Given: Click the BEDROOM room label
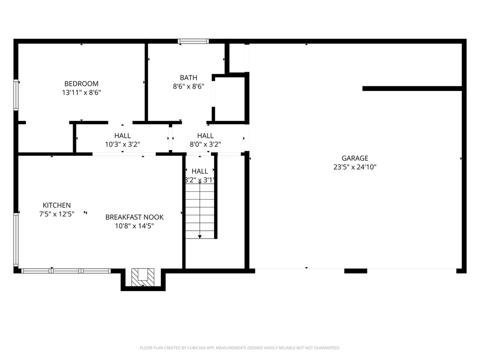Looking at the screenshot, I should pyautogui.click(x=82, y=84).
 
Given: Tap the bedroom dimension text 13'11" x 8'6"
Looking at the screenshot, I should pyautogui.click(x=82, y=93).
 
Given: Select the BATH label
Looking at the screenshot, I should pyautogui.click(x=188, y=78).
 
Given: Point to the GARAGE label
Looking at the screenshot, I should pyautogui.click(x=354, y=158).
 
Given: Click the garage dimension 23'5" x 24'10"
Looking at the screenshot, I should pyautogui.click(x=354, y=167).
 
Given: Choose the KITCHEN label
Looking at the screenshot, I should pyautogui.click(x=57, y=205).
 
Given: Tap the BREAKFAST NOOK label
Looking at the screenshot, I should pyautogui.click(x=135, y=217).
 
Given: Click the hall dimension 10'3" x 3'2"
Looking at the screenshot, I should pyautogui.click(x=122, y=144).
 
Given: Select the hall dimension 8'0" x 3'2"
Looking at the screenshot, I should pyautogui.click(x=205, y=144).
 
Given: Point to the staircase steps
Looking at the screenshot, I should pyautogui.click(x=200, y=211).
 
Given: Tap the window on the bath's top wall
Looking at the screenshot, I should pyautogui.click(x=193, y=41).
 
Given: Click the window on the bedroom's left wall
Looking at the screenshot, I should pyautogui.click(x=16, y=95).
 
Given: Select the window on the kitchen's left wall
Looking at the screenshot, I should pyautogui.click(x=16, y=240).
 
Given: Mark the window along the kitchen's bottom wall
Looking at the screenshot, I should pyautogui.click(x=66, y=270).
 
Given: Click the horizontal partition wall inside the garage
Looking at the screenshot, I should pyautogui.click(x=412, y=88).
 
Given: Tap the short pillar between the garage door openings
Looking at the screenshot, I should pyautogui.click(x=356, y=270).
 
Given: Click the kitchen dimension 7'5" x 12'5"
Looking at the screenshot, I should pyautogui.click(x=57, y=214).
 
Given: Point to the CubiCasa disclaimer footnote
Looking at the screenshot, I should pyautogui.click(x=240, y=348).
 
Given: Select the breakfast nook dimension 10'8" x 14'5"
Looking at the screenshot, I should pyautogui.click(x=135, y=226).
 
